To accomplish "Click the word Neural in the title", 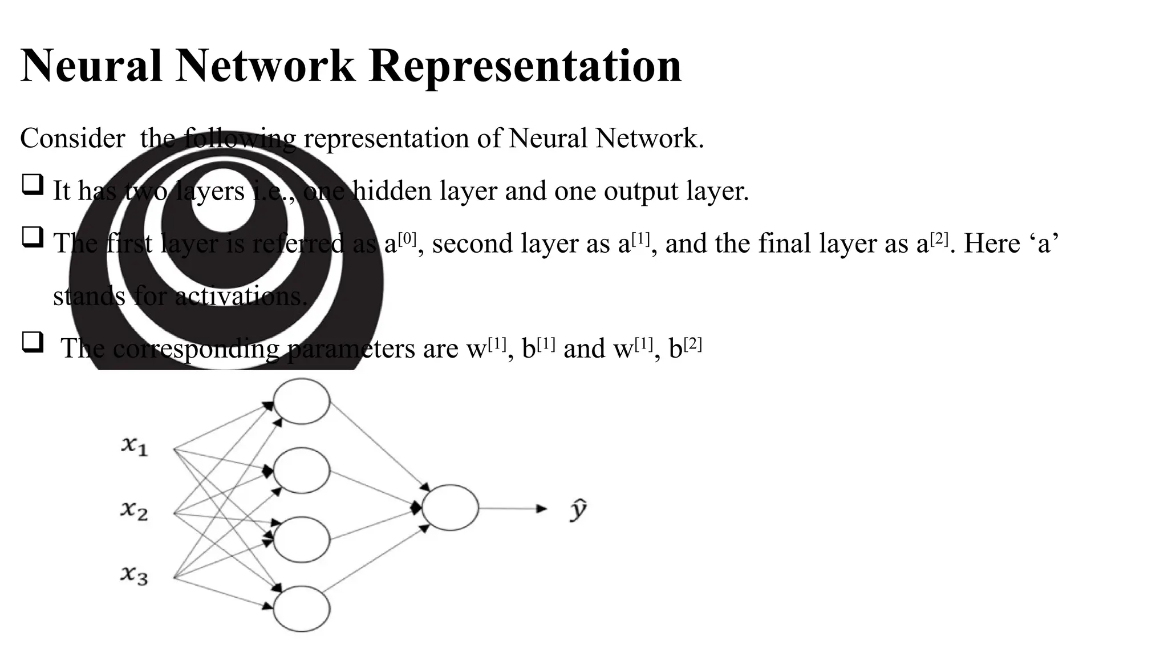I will point(91,66).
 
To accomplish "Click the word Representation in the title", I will point(525,66).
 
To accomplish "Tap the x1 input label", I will point(134,445).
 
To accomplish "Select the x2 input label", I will point(134,510).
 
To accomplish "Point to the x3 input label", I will point(134,574).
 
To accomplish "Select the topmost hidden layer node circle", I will point(301,401).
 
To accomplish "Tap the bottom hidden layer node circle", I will point(301,609).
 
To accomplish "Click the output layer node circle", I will point(450,508).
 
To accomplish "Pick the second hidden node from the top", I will point(301,471).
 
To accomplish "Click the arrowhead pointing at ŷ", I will point(541,509).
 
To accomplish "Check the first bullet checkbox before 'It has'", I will point(33,185).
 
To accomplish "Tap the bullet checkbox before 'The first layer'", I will point(33,237).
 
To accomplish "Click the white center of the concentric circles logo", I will point(223,200).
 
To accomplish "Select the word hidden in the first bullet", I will point(394,190).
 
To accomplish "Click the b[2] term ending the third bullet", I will point(685,348).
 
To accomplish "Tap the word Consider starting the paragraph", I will point(72,139).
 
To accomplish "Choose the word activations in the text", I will point(241,297).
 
